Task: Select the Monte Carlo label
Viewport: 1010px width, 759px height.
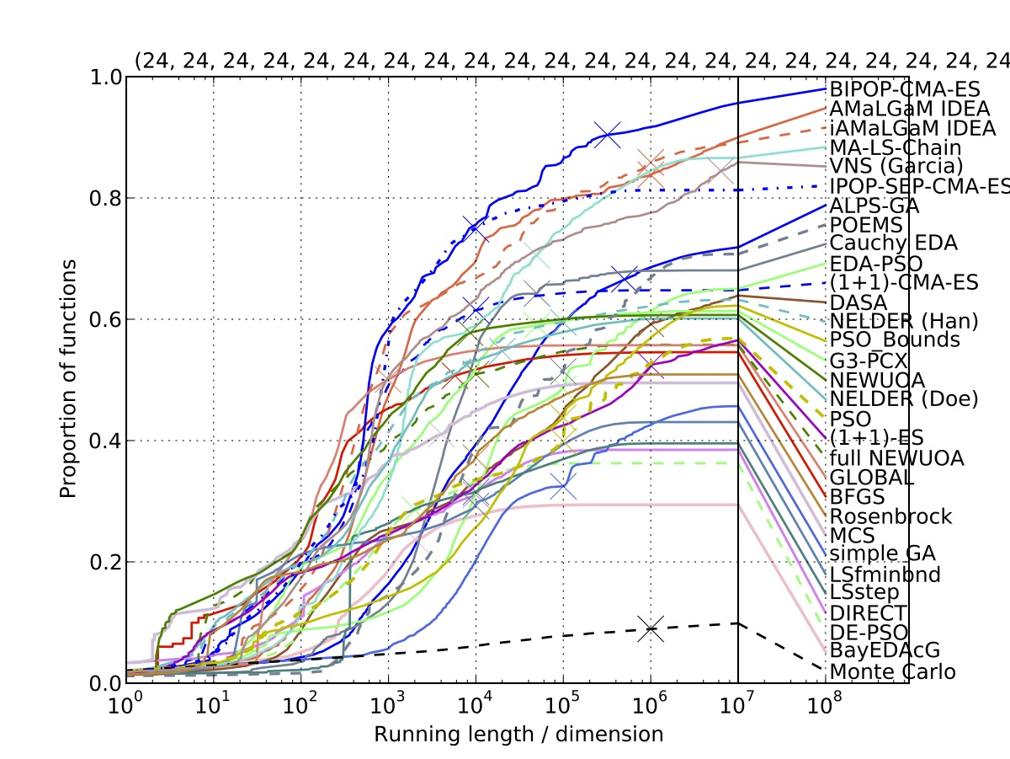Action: (892, 672)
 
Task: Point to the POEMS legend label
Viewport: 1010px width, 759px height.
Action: (866, 225)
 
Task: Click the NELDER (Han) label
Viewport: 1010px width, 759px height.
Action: (903, 321)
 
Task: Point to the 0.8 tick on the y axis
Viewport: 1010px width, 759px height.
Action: (102, 199)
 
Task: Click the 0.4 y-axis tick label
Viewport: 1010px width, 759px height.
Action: (102, 441)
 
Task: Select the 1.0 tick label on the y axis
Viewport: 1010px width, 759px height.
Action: (102, 78)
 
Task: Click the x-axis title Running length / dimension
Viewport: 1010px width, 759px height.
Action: (518, 735)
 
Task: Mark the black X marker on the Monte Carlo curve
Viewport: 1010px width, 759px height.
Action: (650, 628)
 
